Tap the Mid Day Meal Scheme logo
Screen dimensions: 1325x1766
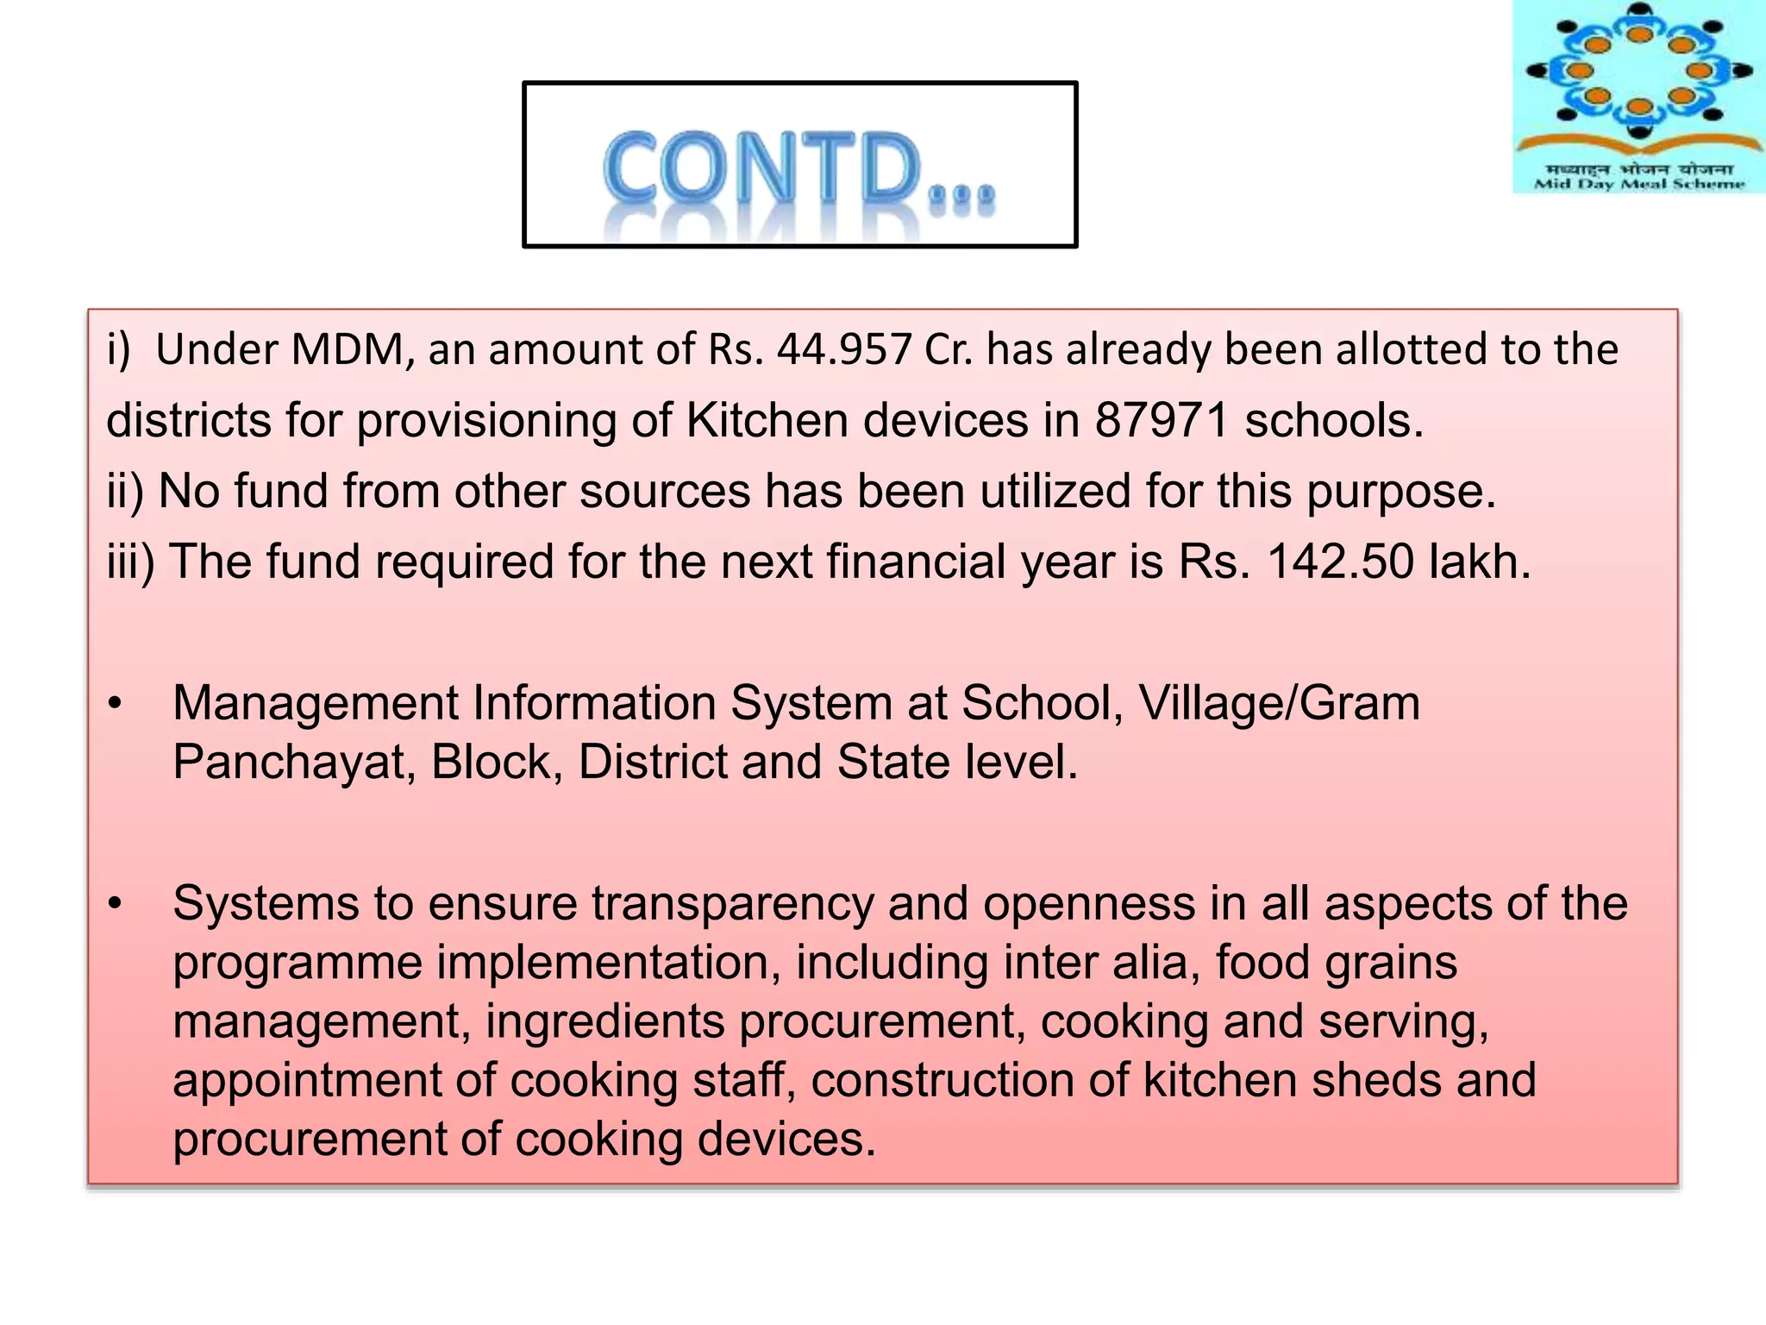[1638, 97]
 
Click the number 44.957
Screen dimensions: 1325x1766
[843, 350]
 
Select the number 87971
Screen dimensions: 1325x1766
[1162, 421]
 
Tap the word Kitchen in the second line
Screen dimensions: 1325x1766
[767, 421]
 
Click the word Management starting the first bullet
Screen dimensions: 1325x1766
[315, 703]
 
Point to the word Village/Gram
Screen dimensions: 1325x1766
[1279, 703]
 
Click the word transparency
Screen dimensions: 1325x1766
[732, 905]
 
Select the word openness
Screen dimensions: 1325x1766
[1088, 904]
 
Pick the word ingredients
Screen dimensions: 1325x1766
[604, 1022]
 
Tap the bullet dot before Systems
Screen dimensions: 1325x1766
[116, 904]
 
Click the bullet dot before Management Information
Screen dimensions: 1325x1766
[116, 704]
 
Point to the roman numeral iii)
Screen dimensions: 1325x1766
[131, 562]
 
